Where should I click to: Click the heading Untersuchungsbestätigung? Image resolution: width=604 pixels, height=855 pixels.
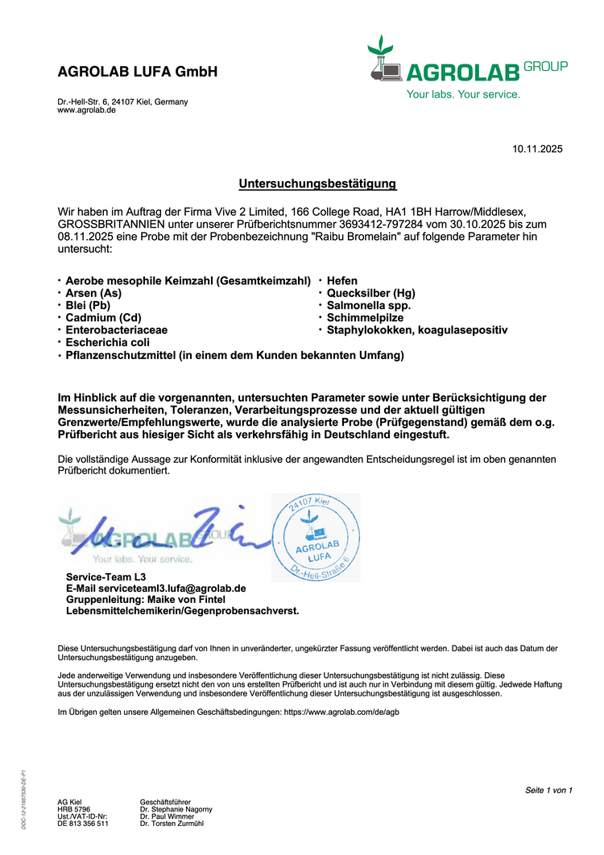317,184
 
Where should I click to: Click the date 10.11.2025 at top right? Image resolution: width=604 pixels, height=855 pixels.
538,149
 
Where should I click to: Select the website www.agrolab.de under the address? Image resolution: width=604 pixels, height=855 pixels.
86,110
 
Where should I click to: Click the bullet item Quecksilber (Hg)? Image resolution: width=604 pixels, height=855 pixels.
370,293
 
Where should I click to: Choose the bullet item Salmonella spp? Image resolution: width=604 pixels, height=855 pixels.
369,305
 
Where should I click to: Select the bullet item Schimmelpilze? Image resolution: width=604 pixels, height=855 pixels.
365,317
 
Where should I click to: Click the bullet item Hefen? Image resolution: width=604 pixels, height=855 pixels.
342,280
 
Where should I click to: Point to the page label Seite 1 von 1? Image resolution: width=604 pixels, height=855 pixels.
548,790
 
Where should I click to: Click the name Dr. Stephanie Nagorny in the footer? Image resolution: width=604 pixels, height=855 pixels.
176,809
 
